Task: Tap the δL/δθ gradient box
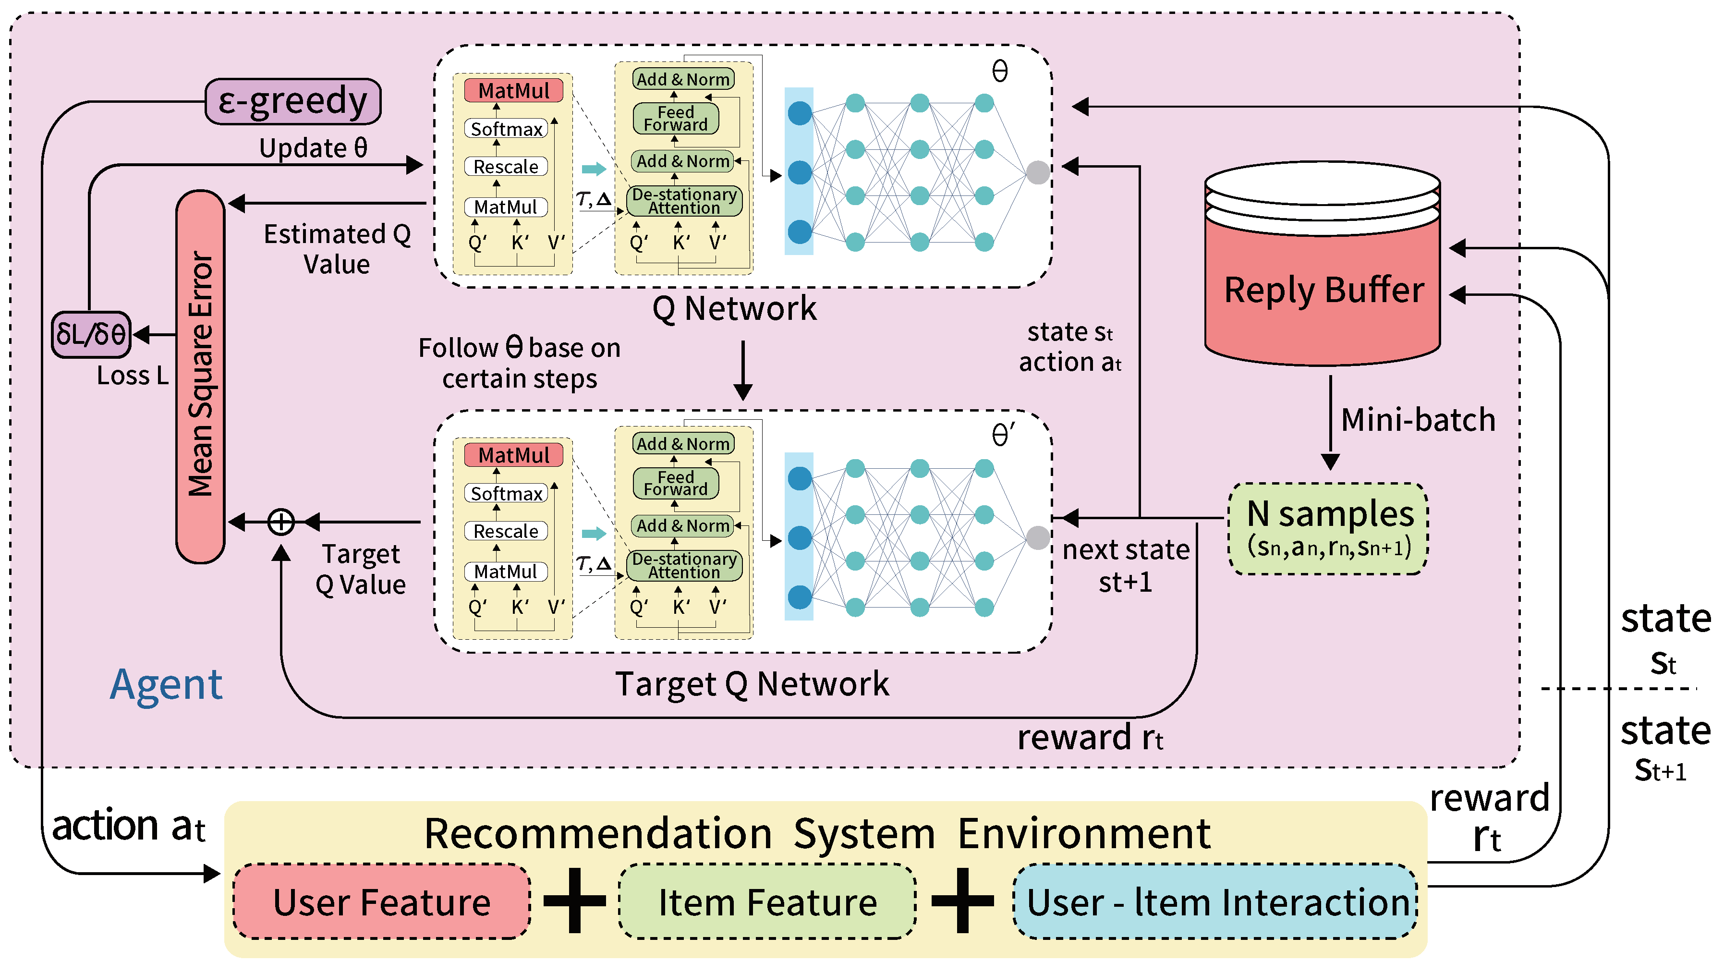[91, 334]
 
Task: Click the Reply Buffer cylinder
[1323, 288]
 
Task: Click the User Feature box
[381, 901]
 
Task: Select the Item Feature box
[767, 901]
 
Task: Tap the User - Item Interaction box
[1215, 901]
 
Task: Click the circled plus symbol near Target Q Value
[281, 522]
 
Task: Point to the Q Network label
[734, 309]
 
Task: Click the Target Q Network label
[752, 683]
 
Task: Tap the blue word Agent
[166, 684]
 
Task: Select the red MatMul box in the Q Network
[513, 90]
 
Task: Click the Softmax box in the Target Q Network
[506, 493]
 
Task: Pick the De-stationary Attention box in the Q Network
[684, 201]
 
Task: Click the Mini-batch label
[1418, 420]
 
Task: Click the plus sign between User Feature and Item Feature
[574, 901]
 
